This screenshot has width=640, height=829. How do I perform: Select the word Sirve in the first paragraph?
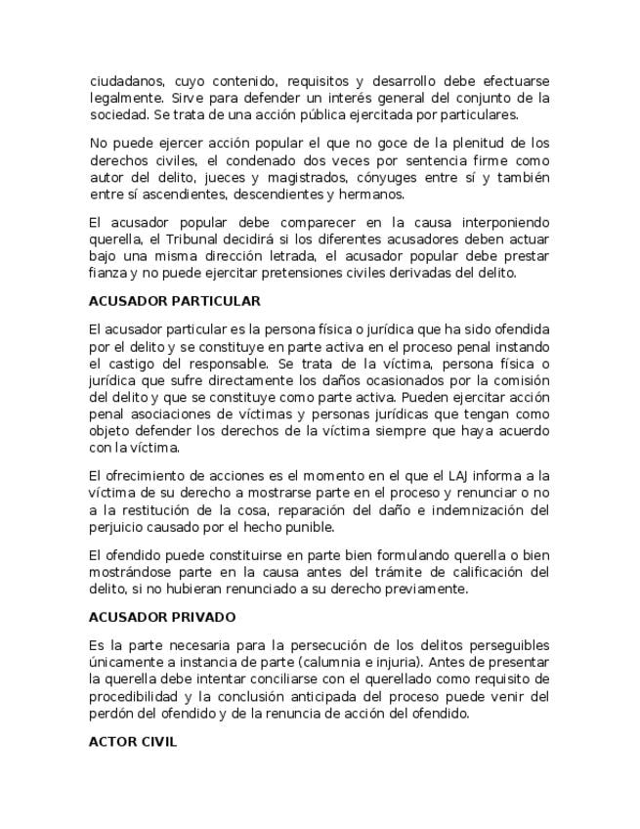click(x=189, y=98)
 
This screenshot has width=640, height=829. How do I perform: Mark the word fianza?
click(x=107, y=273)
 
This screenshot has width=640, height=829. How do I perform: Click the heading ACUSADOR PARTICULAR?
click(x=174, y=301)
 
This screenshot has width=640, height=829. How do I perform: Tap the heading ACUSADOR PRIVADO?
click(x=161, y=618)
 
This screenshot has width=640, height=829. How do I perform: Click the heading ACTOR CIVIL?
click(x=132, y=742)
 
